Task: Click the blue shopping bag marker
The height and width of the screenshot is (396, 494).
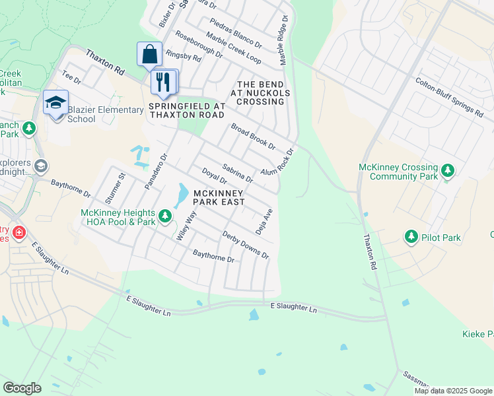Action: click(150, 54)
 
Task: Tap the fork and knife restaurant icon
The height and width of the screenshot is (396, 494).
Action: click(162, 82)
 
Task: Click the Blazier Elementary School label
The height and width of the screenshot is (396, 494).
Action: click(106, 114)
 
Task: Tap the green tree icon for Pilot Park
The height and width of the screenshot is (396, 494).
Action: click(411, 236)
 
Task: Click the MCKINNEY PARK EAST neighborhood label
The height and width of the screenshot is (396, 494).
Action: click(219, 197)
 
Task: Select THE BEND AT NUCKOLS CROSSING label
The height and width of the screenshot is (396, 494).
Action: click(260, 93)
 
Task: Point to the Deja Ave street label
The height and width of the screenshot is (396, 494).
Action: click(265, 222)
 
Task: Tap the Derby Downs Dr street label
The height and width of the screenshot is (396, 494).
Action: click(245, 245)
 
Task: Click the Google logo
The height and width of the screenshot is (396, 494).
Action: click(22, 388)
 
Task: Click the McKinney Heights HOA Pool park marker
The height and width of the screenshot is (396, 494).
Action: click(165, 216)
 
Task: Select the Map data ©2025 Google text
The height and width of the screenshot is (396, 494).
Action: click(453, 391)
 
